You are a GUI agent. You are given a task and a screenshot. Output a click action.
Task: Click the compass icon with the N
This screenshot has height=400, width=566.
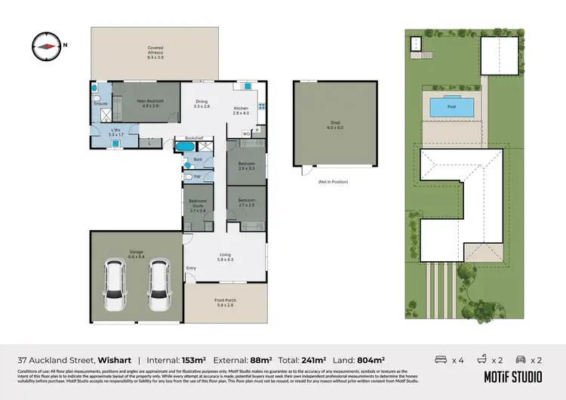coord(47,45)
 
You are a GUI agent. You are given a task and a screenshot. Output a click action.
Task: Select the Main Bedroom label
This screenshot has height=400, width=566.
coord(150,103)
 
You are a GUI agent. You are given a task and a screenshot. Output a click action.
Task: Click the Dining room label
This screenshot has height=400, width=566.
coord(201,104)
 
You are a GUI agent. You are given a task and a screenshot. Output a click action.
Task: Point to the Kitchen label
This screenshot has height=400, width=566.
coord(239,110)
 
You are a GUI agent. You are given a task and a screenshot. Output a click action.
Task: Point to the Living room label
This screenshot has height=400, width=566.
coord(226,257)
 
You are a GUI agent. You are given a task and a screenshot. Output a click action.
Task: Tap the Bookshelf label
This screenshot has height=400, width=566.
coord(185,139)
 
